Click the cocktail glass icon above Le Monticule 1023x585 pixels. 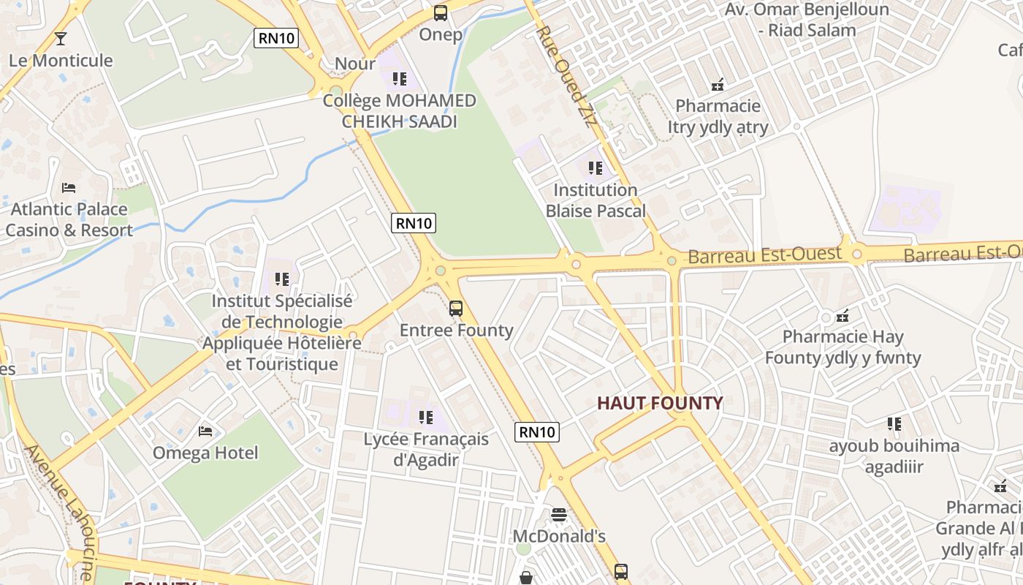(x=61, y=38)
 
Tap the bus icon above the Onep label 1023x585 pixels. (x=441, y=12)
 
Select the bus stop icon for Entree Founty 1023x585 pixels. (x=456, y=309)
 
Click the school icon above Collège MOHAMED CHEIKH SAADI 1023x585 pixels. (x=399, y=78)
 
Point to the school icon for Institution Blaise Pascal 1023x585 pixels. (x=596, y=168)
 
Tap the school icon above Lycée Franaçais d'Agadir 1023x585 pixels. (x=426, y=418)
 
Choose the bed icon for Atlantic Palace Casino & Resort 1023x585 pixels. (x=69, y=188)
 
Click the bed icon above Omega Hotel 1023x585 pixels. (x=205, y=431)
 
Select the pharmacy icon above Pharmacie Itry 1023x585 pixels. (x=718, y=85)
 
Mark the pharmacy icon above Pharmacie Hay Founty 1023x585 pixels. (x=843, y=316)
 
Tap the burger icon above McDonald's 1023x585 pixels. (x=559, y=515)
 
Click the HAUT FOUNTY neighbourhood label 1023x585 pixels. (x=660, y=403)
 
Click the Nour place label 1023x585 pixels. (x=355, y=64)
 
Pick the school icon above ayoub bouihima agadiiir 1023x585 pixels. (x=894, y=424)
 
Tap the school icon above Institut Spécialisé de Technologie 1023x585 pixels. (x=282, y=279)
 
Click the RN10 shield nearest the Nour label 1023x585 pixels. (x=276, y=38)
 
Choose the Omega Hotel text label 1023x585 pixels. (x=205, y=453)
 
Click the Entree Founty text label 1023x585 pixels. (x=457, y=331)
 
